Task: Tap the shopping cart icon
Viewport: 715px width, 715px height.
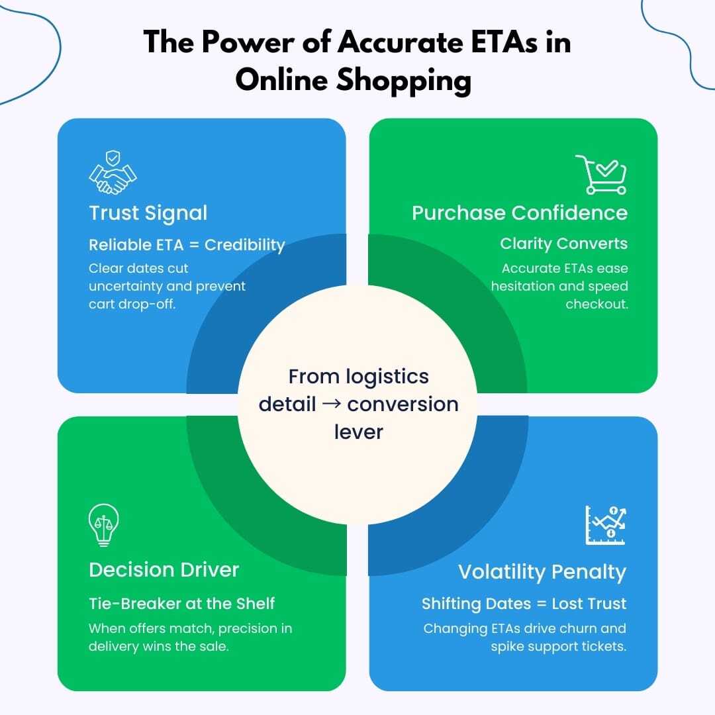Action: (600, 174)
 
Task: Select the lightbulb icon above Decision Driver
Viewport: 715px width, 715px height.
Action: (104, 525)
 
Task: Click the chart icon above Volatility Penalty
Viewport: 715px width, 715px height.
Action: (605, 525)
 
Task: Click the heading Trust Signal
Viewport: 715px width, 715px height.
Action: (148, 213)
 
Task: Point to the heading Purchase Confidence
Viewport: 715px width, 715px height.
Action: (519, 213)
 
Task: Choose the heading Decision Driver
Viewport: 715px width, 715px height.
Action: (164, 569)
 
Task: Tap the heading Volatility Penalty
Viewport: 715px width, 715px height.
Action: (542, 572)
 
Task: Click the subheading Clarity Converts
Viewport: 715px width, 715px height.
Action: (563, 244)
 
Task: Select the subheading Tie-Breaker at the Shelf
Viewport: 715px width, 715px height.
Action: (181, 603)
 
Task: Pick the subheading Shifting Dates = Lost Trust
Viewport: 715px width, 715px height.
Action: (524, 603)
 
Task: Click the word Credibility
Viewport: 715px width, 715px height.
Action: (244, 245)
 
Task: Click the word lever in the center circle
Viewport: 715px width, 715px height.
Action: (358, 432)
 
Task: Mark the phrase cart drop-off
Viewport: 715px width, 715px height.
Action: (132, 305)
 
